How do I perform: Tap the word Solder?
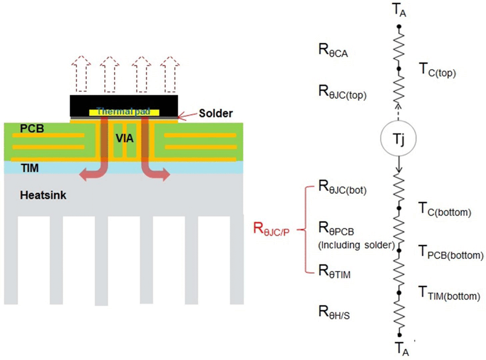216,114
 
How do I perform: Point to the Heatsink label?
43,196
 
